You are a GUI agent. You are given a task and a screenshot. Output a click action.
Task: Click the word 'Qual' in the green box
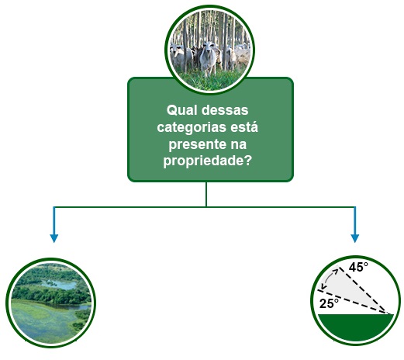[x=182, y=110]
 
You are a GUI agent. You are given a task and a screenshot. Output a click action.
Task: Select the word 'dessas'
[x=225, y=110]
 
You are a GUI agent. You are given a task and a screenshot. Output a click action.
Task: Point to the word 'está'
[x=244, y=127]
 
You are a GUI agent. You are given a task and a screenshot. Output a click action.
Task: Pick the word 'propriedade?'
[x=207, y=161]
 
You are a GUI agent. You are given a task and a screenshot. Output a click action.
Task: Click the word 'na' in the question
[x=239, y=144]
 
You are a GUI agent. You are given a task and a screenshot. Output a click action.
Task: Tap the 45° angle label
[x=358, y=267]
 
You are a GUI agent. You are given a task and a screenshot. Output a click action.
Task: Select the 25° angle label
[x=329, y=303]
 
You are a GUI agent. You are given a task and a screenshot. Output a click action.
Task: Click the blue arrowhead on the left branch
[x=54, y=238]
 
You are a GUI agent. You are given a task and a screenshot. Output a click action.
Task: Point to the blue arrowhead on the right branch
[x=355, y=238]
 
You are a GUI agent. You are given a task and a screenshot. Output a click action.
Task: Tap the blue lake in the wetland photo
[x=60, y=285]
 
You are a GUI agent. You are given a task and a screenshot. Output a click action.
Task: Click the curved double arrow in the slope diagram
[x=329, y=279]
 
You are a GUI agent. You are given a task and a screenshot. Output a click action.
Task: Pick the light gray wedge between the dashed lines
[x=354, y=289]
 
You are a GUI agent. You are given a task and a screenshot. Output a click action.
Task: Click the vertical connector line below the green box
[x=206, y=194]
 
